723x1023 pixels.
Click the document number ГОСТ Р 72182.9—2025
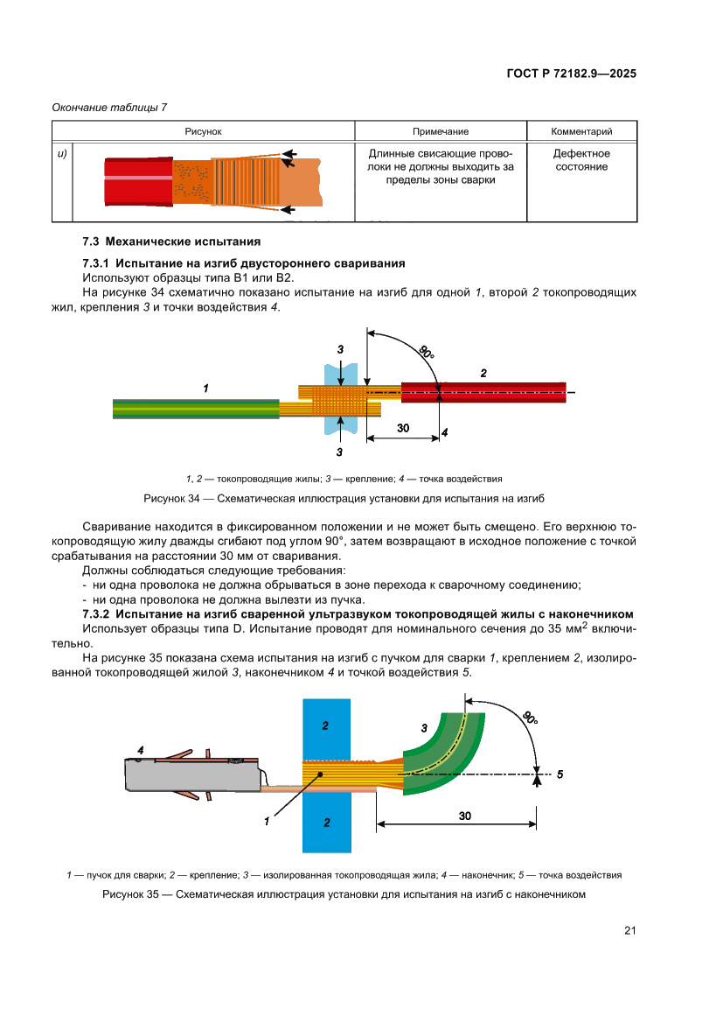[x=571, y=74]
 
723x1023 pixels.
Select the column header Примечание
[x=441, y=131]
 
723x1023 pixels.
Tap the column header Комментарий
[x=581, y=131]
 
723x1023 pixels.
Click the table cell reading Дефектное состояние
[x=581, y=160]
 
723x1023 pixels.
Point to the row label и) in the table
[x=62, y=154]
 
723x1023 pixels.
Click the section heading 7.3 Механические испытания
[x=171, y=241]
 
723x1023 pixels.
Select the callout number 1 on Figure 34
[x=205, y=387]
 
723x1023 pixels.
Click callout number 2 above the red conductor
[x=483, y=373]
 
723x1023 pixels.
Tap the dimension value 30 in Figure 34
[x=403, y=428]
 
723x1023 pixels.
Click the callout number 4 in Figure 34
[x=445, y=432]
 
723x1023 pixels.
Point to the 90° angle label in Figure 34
[x=425, y=353]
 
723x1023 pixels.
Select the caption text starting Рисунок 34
[x=344, y=498]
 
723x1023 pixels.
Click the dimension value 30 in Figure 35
[x=464, y=816]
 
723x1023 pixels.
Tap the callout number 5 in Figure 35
[x=560, y=774]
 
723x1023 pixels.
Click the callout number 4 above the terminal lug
[x=139, y=750]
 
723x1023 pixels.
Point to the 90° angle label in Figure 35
[x=529, y=718]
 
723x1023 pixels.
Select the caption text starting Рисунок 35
[x=343, y=894]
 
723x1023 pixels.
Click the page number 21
[x=629, y=930]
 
